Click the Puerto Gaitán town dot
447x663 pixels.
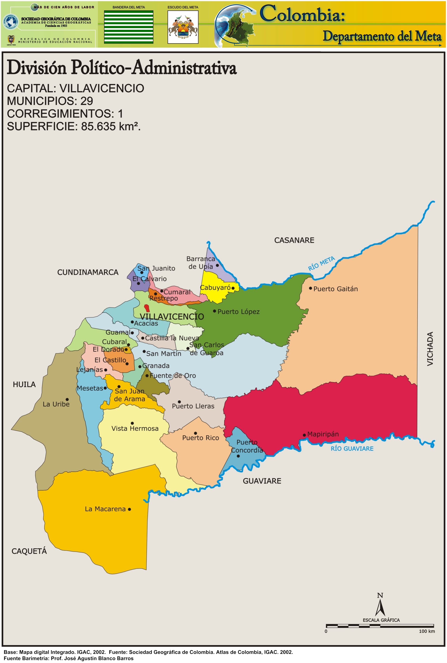pos(310,288)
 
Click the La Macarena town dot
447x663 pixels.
pos(129,509)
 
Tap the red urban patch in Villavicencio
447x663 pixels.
pos(147,308)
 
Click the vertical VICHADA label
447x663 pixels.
pos(430,348)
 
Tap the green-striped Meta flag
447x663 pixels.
pos(129,27)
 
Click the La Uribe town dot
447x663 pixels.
pos(67,399)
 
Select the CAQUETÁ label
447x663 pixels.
pos(29,551)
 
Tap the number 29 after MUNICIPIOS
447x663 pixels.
pos(87,101)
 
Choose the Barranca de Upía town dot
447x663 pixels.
pos(217,265)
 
